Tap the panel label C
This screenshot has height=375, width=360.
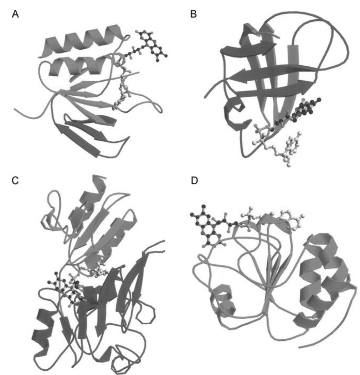coord(15,181)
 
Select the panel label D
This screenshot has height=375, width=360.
coord(194,181)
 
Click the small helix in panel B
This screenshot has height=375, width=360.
coord(235,115)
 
